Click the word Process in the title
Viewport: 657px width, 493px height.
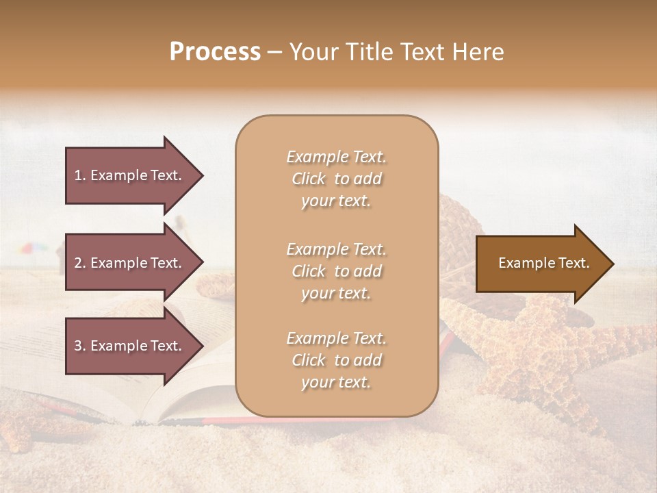(x=215, y=52)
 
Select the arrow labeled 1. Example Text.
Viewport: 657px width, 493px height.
(x=130, y=175)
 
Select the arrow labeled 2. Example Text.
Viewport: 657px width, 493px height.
(x=130, y=263)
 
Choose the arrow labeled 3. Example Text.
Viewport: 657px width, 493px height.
(x=130, y=346)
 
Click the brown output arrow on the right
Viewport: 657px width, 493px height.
(x=541, y=264)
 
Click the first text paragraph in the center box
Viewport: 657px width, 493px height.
(x=336, y=179)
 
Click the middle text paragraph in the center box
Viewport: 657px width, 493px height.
(x=336, y=271)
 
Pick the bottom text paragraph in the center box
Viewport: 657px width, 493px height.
(x=336, y=360)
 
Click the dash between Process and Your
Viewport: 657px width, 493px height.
(x=275, y=53)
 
